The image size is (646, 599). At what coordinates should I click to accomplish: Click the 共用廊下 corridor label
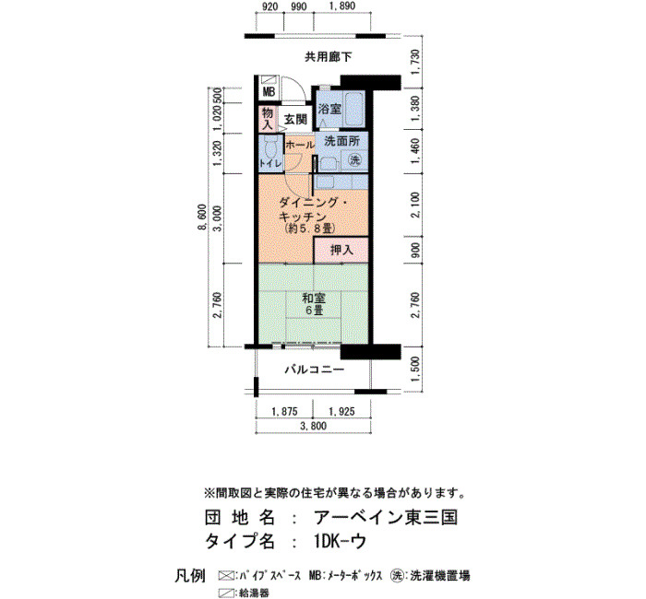tap(328, 57)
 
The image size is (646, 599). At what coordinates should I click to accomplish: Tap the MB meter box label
tap(269, 92)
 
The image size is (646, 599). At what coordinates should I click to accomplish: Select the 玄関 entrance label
tap(296, 120)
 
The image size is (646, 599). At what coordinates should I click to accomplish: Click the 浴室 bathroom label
tap(329, 109)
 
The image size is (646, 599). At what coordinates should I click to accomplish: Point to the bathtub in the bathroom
tap(353, 108)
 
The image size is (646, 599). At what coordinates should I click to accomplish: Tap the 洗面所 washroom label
tap(342, 141)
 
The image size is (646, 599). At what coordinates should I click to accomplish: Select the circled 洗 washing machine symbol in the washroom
tap(354, 159)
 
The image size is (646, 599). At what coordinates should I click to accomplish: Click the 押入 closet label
tap(342, 250)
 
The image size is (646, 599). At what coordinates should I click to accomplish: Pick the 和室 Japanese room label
tap(314, 298)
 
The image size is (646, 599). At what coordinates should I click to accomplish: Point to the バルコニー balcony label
tap(315, 370)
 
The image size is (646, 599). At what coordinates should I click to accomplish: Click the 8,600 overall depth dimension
tap(202, 217)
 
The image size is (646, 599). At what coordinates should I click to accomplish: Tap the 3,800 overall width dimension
tap(314, 426)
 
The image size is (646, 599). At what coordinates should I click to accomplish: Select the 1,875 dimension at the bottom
tap(284, 411)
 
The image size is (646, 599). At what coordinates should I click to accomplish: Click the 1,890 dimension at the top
tap(342, 6)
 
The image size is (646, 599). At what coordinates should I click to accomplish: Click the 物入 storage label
tap(268, 119)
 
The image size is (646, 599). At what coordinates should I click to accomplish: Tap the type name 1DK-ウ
tap(340, 542)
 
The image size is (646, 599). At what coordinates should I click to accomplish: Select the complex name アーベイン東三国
tap(386, 517)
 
